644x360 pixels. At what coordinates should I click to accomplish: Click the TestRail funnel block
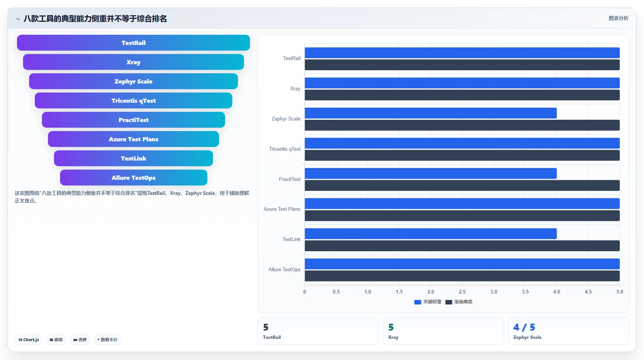coord(133,43)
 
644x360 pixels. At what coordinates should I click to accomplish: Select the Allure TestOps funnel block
coord(133,178)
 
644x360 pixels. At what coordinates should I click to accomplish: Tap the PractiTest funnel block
coord(133,120)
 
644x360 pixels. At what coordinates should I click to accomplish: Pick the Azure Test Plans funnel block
coord(133,139)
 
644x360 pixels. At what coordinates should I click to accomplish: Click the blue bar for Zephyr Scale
coord(431,113)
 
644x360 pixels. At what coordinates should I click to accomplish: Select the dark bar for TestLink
coord(462,246)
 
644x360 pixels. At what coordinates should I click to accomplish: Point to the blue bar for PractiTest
coord(431,173)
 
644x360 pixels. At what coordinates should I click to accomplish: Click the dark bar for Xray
coord(462,95)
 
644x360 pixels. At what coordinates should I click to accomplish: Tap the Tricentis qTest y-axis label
coord(285,149)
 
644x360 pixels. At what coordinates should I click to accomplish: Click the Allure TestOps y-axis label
coord(284,269)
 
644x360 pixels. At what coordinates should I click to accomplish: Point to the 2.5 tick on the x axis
coord(462,292)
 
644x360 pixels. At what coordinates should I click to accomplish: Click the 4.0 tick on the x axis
coord(557,292)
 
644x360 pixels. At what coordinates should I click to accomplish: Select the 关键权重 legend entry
coord(428,302)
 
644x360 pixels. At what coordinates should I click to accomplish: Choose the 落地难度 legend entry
coord(459,302)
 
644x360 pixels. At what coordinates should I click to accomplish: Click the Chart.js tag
coord(29,340)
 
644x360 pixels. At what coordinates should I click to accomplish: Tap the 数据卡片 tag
coord(107,340)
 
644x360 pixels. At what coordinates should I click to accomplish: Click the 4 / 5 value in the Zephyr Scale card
coord(524,327)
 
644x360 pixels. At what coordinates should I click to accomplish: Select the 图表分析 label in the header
coord(618,19)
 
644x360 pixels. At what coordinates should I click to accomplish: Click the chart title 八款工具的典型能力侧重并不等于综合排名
coord(95,19)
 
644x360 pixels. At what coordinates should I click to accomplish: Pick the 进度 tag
coord(80,340)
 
